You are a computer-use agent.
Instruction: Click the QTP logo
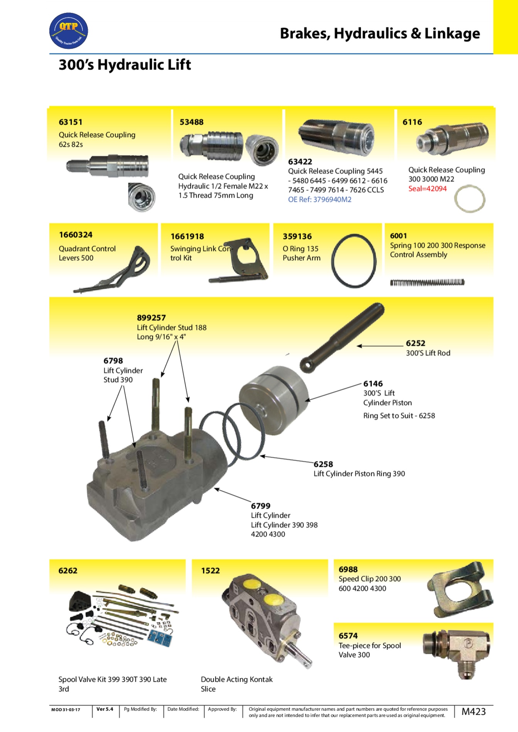69,31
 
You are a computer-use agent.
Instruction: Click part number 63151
71,122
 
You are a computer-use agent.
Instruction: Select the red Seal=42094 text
427,189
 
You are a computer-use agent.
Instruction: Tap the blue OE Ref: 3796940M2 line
320,200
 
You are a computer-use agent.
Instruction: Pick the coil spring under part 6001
427,283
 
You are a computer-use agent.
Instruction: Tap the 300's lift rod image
342,337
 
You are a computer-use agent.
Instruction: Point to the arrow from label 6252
380,346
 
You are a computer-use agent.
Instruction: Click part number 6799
261,506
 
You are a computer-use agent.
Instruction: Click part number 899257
151,318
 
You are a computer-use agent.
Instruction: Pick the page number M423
474,712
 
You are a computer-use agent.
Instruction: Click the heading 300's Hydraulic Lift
125,65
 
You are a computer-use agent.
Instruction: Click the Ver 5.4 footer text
105,709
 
